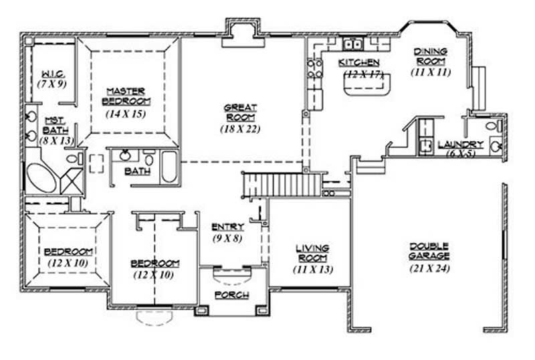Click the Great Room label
pos(240,111)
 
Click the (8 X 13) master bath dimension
pos(53,141)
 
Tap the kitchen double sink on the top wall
pos(352,45)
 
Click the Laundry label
pos(460,144)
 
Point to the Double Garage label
pos(429,251)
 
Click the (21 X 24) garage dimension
pos(429,268)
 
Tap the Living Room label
pos(312,253)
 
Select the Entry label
pos(227,227)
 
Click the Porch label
pos(231,295)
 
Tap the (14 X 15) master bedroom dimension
pos(126,114)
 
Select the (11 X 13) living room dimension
pos(312,269)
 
